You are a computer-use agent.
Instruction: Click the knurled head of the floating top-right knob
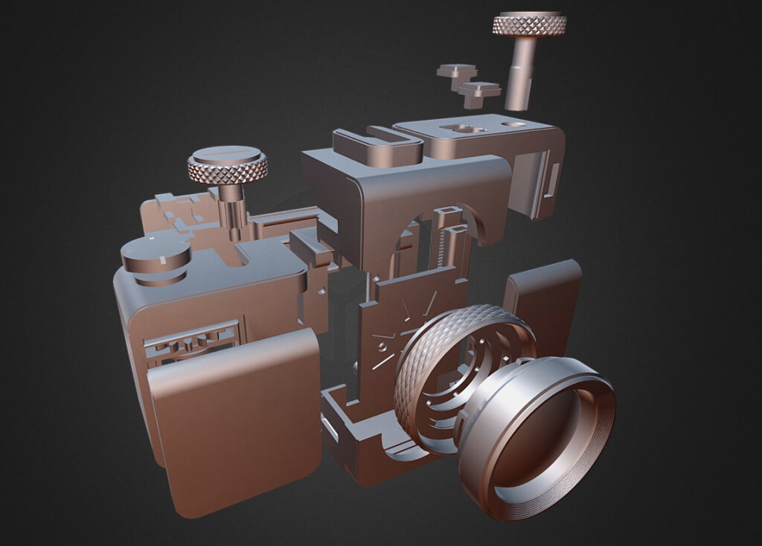(529, 24)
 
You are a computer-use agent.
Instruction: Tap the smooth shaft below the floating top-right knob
(521, 74)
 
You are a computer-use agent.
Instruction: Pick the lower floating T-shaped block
(479, 92)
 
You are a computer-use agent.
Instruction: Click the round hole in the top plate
(513, 124)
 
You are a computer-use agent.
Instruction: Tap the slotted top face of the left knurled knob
(227, 156)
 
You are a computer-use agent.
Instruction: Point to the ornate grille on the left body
(193, 344)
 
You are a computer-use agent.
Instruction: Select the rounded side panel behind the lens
(545, 298)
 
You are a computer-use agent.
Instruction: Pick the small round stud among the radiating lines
(382, 347)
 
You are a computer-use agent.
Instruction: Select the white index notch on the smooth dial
(161, 261)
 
